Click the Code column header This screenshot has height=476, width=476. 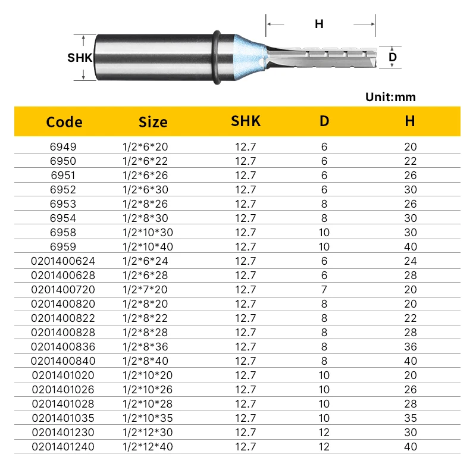[x=64, y=122]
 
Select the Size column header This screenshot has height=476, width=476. [x=153, y=122]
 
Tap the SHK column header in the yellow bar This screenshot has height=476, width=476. [x=246, y=121]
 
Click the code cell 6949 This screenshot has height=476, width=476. [x=64, y=146]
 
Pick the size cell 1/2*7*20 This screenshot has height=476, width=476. [x=144, y=289]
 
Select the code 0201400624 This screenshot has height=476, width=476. [x=64, y=261]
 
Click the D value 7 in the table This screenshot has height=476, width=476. [x=324, y=289]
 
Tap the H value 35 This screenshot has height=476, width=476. [x=410, y=418]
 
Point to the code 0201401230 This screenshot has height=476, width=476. [x=64, y=432]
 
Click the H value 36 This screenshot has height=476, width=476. [x=410, y=346]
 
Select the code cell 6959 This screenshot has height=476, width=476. [x=64, y=246]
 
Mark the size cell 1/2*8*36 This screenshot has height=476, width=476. [x=144, y=346]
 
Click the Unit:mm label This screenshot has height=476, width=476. [x=390, y=97]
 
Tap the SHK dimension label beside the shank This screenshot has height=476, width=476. [x=79, y=58]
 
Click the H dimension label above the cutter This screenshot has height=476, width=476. [x=319, y=24]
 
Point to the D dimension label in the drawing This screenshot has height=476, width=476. [x=393, y=57]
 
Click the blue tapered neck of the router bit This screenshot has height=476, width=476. [x=248, y=57]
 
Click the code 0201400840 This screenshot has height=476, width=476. [x=64, y=361]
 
